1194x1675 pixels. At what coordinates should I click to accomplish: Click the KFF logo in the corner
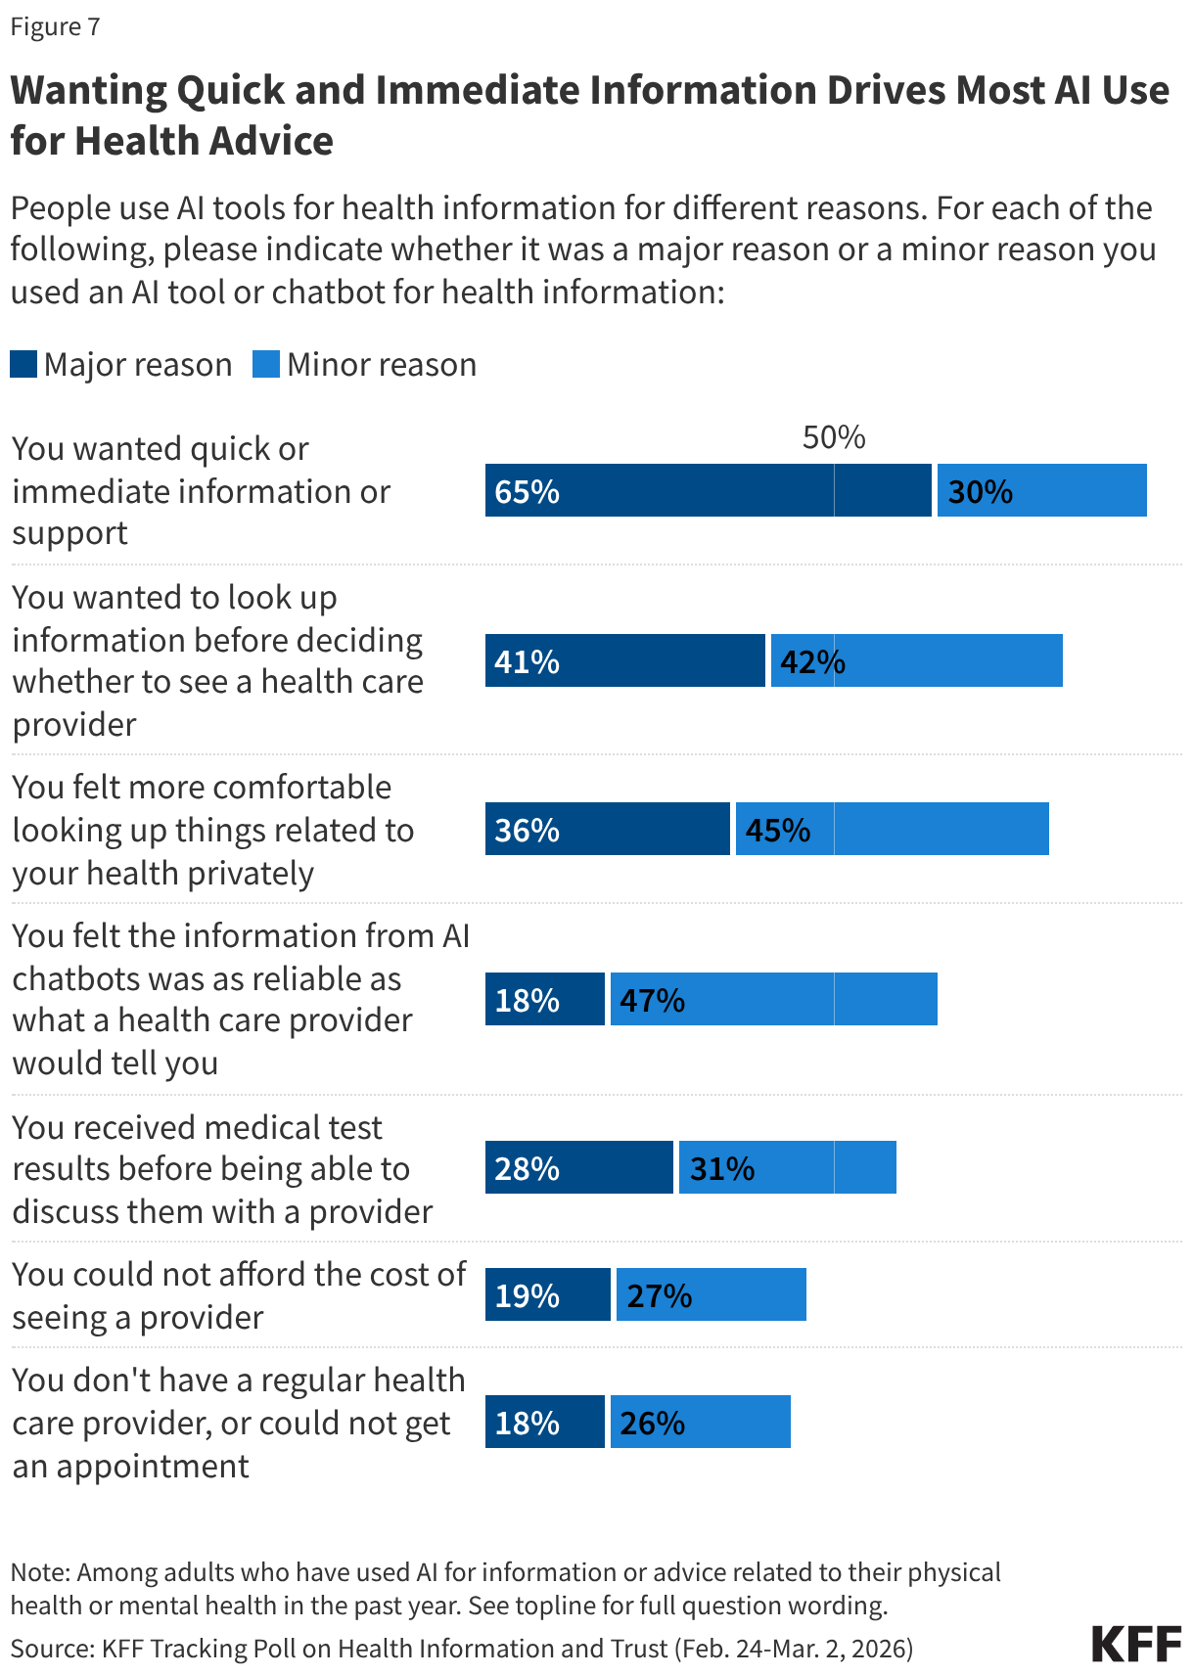[1136, 1644]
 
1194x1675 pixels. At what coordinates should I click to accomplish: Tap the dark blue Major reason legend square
[23, 365]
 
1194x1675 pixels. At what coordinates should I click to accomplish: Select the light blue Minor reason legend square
[266, 365]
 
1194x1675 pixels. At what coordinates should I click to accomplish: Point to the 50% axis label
[834, 437]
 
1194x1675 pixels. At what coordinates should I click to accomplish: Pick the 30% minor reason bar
[1041, 490]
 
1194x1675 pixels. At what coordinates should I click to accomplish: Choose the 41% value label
[527, 662]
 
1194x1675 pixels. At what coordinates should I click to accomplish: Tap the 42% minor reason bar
[916, 660]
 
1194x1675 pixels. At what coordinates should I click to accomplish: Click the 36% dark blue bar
[607, 829]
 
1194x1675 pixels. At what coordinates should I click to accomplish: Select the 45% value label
[778, 831]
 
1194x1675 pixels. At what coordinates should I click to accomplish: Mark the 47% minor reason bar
[773, 999]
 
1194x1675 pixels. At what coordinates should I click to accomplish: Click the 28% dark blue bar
[578, 1167]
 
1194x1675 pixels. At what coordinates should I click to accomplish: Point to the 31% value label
[722, 1169]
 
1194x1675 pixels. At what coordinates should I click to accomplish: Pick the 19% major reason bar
[547, 1294]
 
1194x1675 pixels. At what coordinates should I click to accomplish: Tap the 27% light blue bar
[711, 1294]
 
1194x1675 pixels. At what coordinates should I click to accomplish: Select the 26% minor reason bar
[700, 1422]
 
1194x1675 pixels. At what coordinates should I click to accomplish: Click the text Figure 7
[55, 26]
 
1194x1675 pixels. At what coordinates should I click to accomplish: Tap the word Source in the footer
[50, 1649]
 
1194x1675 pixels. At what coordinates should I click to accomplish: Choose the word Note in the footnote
[38, 1572]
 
